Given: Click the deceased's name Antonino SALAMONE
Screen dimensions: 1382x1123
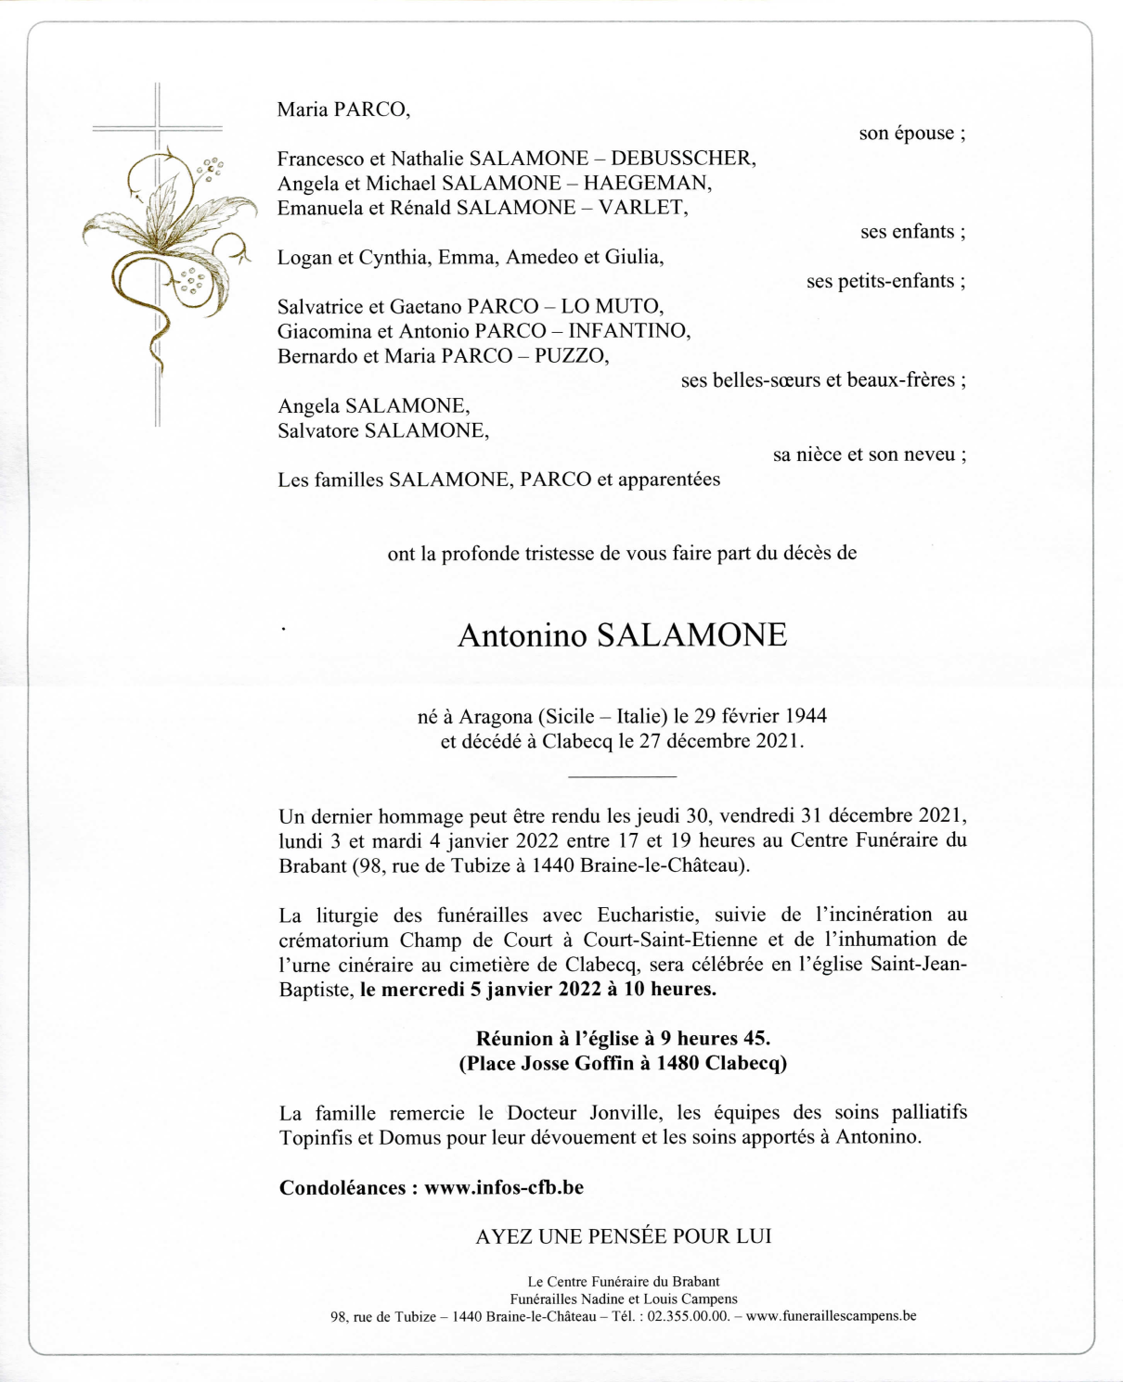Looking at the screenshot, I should (622, 636).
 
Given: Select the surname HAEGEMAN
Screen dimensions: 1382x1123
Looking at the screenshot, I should (647, 184).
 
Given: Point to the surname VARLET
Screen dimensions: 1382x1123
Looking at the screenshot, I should (642, 208).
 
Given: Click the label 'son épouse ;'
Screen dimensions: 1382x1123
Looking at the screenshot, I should (911, 134).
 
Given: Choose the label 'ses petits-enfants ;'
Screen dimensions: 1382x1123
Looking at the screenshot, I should (885, 282).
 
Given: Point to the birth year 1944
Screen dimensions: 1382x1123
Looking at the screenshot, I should (806, 716).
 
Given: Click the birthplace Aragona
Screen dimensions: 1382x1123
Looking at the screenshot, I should (496, 716).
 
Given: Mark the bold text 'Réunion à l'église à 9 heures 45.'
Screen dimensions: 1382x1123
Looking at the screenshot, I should (623, 1039).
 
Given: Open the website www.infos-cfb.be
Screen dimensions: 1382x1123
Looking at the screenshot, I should (504, 1188).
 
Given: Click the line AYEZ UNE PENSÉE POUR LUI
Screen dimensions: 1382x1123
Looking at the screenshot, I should (623, 1237).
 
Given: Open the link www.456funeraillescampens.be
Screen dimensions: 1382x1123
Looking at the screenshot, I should (831, 1316).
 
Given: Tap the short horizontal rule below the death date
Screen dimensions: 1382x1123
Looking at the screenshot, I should (622, 775).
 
